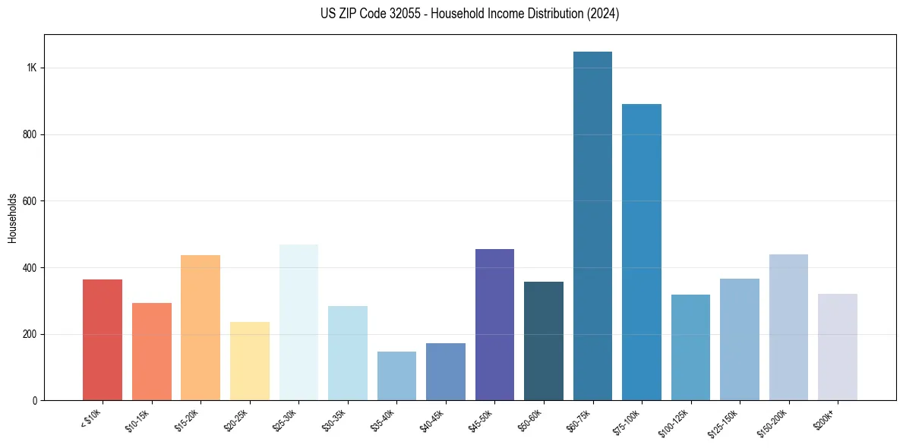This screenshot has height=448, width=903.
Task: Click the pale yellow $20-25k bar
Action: pyautogui.click(x=250, y=361)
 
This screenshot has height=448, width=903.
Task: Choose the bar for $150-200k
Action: pyautogui.click(x=788, y=327)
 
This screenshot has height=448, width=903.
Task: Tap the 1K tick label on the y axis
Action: pyautogui.click(x=31, y=68)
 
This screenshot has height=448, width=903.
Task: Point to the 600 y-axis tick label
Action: pyautogui.click(x=29, y=201)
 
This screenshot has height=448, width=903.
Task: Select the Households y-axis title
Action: pyautogui.click(x=13, y=218)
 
